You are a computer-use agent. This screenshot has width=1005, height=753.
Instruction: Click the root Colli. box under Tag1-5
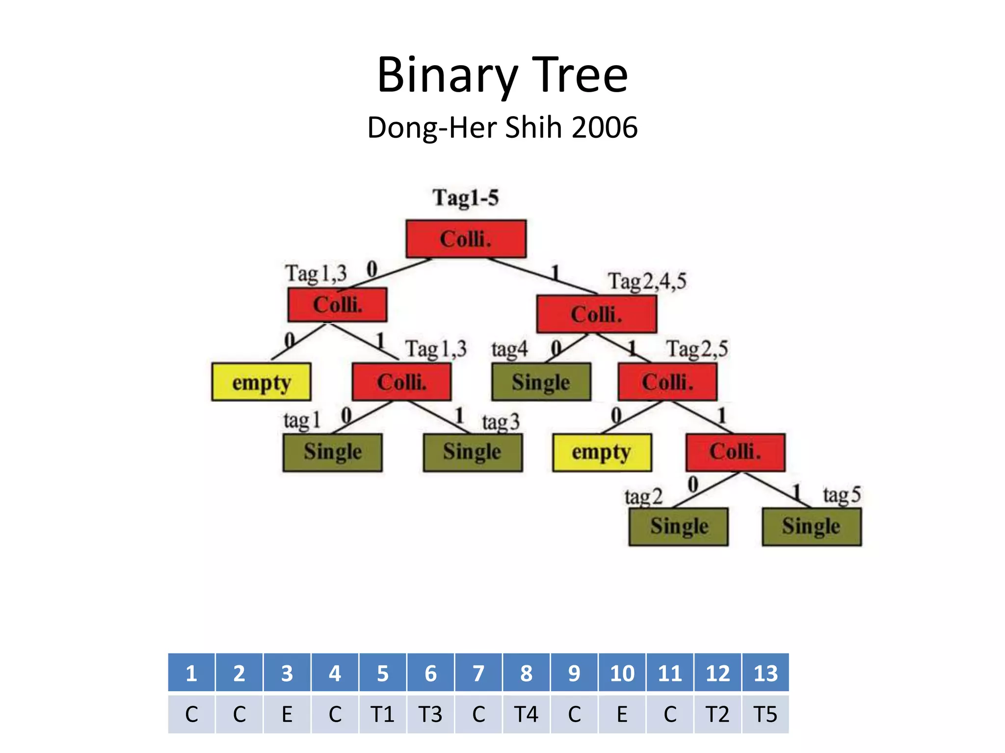pos(466,239)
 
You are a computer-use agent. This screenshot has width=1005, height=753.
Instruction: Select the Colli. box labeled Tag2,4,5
pos(596,314)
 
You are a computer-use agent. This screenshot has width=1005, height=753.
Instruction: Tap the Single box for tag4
pos(541,382)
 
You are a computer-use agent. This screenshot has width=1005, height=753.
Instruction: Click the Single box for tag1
pos(332,452)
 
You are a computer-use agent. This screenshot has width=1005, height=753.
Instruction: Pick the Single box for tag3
pos(473,452)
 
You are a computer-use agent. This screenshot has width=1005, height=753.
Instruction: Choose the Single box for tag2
pos(679,527)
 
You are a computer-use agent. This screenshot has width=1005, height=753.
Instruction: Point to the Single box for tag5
pos(811,527)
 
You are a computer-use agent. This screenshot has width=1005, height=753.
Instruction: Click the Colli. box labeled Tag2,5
pos(667,382)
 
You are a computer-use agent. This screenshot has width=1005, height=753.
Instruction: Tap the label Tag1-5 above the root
pos(465,198)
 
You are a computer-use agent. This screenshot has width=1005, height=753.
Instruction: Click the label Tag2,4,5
pos(647,281)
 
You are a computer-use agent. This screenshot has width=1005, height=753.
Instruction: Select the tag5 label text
pos(842,495)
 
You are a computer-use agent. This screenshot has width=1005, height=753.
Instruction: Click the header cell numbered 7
pos(478,673)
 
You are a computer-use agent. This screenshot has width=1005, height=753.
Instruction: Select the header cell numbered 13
pos(766,673)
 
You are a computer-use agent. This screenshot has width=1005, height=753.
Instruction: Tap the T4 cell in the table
pos(526,714)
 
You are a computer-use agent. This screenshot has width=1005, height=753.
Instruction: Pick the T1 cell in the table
pos(382,714)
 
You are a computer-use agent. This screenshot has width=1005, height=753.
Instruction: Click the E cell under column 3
pos(287,714)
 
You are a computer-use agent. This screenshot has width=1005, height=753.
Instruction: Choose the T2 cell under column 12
pos(717,714)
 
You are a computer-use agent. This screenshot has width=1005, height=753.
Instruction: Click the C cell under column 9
pos(574,714)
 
